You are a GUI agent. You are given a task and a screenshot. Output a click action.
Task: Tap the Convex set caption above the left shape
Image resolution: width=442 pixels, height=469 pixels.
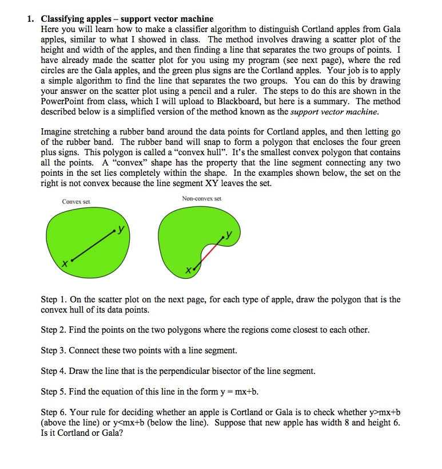pyautogui.click(x=76, y=202)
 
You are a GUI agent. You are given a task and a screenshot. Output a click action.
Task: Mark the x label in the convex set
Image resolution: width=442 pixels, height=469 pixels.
pyautogui.click(x=65, y=264)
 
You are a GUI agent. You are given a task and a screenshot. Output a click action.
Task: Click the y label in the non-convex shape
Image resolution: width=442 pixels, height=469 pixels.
pyautogui.click(x=229, y=234)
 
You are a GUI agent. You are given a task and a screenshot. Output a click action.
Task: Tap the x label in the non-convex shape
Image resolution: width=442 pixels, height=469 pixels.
pyautogui.click(x=187, y=269)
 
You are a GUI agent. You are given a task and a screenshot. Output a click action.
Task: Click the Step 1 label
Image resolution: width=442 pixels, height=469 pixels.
pyautogui.click(x=54, y=299)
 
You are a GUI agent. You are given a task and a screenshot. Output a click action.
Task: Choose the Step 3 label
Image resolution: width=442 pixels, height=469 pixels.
pyautogui.click(x=54, y=350)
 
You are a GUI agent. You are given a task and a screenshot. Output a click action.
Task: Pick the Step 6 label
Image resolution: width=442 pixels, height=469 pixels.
pyautogui.click(x=54, y=412)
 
